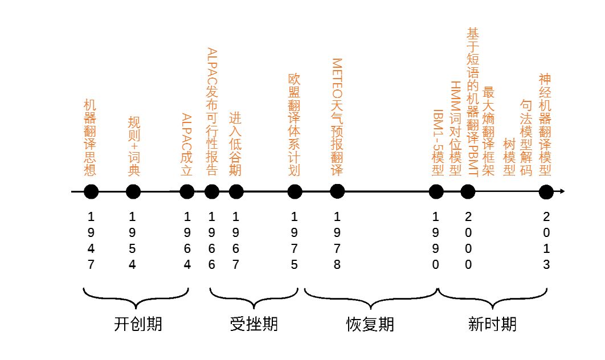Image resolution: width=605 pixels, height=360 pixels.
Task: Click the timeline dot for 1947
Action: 91,192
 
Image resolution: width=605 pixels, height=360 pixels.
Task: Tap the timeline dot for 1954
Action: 133,192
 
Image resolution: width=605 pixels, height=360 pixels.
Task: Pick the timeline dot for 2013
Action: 546,192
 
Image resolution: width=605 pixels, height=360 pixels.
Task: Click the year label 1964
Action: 187,241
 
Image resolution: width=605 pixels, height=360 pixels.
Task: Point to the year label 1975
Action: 295,241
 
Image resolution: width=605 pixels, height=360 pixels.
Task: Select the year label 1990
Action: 436,241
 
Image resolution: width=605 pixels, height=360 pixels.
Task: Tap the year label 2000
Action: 468,241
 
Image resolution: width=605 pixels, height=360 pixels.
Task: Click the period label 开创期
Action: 138,324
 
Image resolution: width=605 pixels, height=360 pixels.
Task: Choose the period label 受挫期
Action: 254,324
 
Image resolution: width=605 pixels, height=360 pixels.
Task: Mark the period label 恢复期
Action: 370,324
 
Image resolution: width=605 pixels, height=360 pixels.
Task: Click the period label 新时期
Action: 493,324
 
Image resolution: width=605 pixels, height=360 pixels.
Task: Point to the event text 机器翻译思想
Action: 90,138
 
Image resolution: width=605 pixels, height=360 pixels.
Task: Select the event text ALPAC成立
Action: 186,145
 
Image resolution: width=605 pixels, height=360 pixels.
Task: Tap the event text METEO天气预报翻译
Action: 337,117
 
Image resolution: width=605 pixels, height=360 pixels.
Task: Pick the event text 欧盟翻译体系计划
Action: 294,132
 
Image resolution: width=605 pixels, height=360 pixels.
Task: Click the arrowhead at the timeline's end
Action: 562,192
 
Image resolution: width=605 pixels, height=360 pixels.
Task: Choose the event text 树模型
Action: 509,158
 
